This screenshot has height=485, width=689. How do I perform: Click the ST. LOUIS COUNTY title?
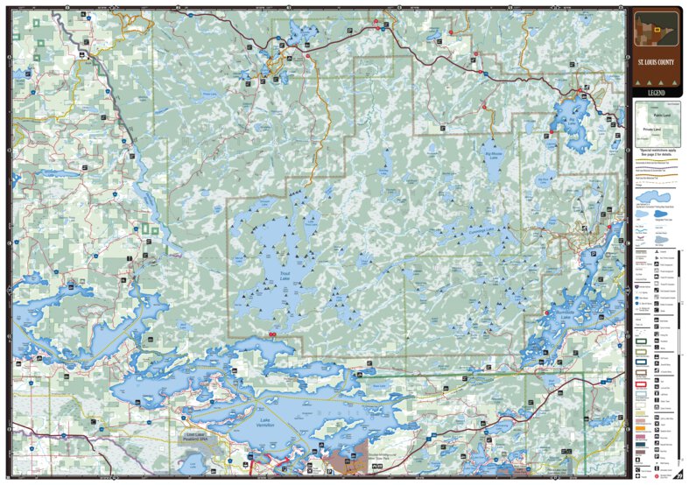(656, 64)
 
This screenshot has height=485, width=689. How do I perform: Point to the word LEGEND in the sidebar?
(656, 92)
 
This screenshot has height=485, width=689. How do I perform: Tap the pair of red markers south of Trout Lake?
(272, 334)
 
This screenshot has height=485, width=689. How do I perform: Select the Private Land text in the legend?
(651, 130)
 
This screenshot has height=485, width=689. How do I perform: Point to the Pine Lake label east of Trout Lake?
(362, 260)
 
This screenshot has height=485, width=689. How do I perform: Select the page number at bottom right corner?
(679, 475)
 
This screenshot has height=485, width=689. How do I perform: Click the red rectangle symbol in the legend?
(640, 382)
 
